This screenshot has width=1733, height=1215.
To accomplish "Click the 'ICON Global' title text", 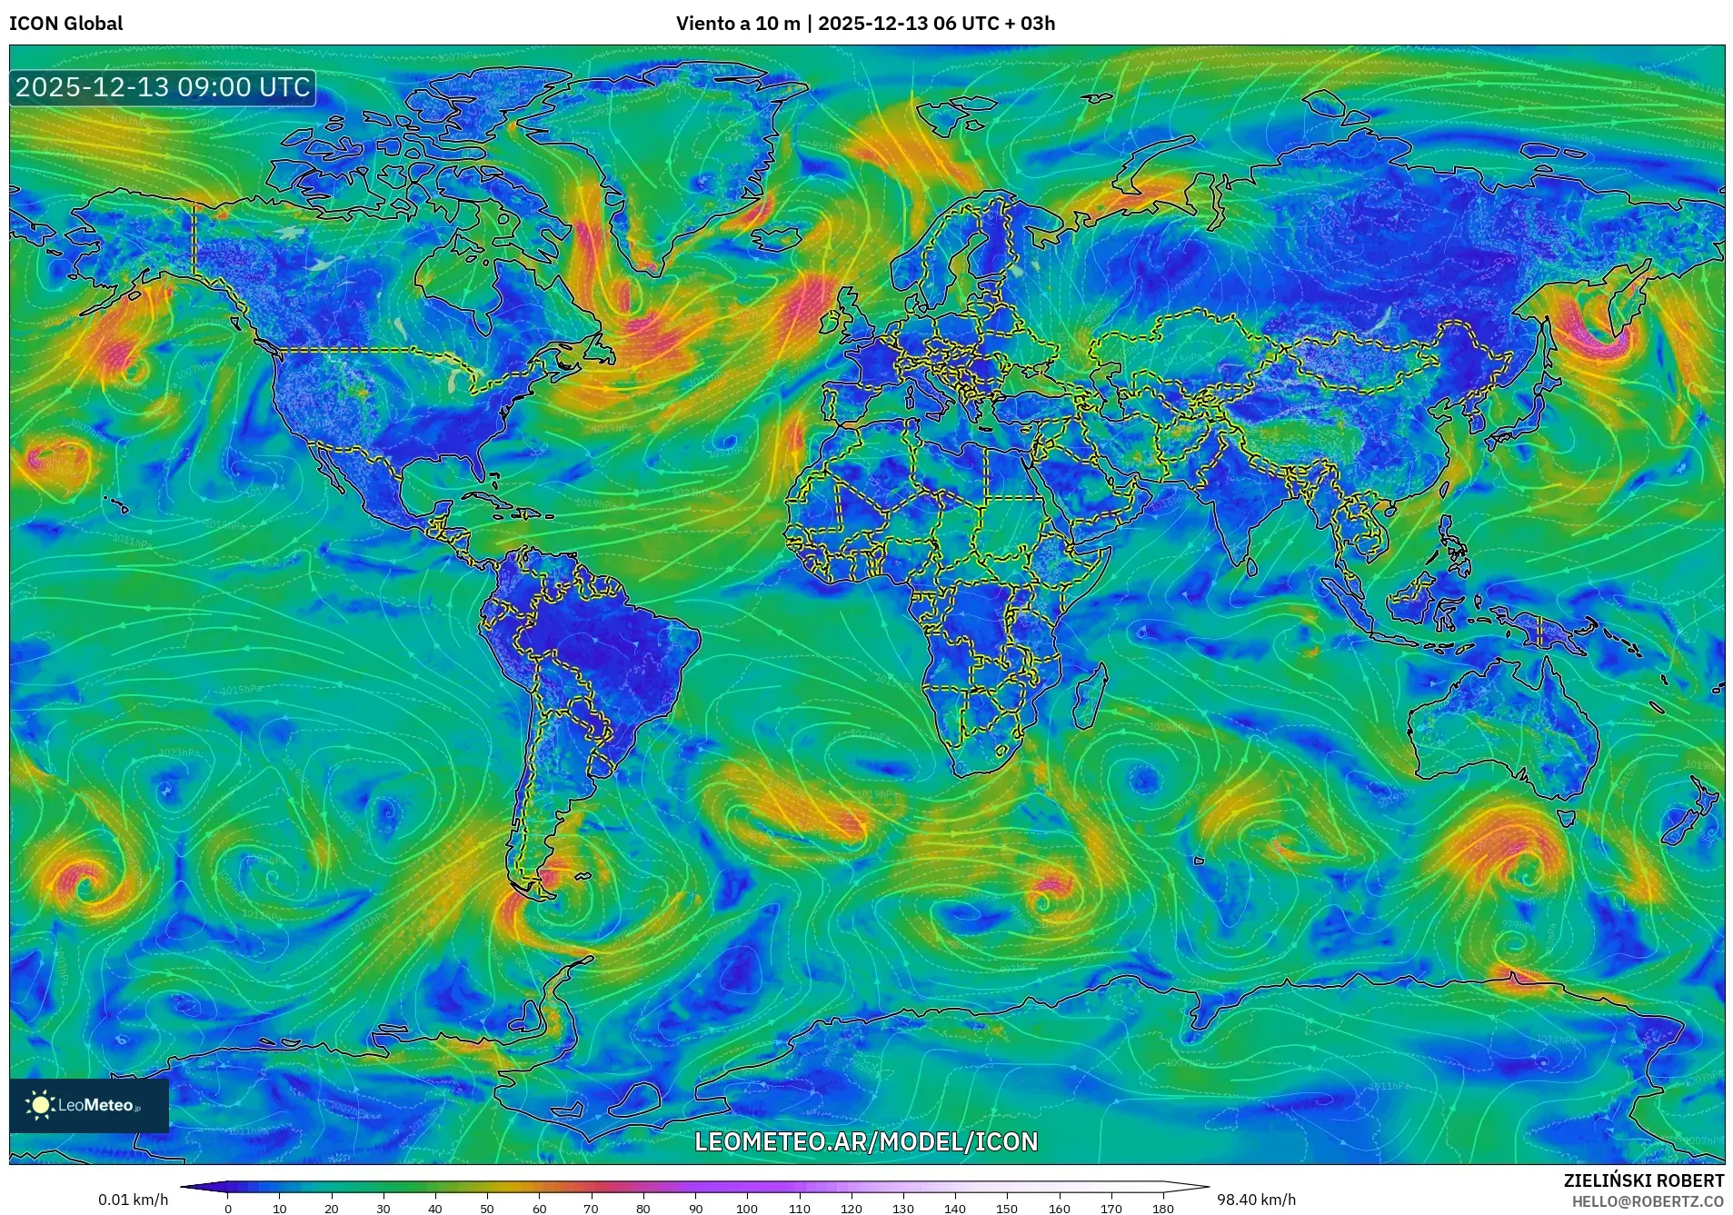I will [65, 24].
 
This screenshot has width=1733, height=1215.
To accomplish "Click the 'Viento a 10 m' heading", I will [737, 24].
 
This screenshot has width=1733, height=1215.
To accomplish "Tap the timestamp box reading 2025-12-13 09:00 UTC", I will [163, 87].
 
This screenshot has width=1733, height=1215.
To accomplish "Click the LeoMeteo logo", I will [88, 1105].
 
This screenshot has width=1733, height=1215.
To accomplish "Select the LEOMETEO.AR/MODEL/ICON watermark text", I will [865, 1141].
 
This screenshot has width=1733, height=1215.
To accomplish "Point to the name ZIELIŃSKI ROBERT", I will [1643, 1180].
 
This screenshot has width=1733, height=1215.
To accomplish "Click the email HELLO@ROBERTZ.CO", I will [1648, 1201].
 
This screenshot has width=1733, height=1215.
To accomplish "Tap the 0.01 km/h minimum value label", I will [133, 1200].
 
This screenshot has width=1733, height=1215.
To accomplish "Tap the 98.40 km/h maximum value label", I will [1256, 1200].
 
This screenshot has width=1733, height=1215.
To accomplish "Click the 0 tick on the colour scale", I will [228, 1209].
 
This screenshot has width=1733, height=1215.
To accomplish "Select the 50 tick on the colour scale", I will [487, 1209].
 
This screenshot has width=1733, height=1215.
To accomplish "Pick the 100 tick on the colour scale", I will [747, 1209].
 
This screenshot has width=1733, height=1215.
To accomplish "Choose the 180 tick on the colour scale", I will [1162, 1209].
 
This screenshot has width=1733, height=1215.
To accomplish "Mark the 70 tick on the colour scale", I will [592, 1209].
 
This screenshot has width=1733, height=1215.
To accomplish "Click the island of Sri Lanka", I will [1253, 567].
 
